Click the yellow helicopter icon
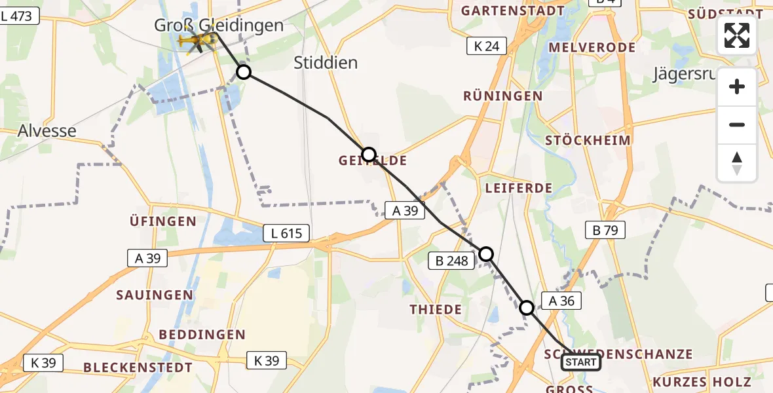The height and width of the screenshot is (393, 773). click(x=197, y=42)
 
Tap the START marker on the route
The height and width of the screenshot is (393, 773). click(x=580, y=362)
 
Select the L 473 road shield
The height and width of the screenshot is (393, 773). click(x=20, y=16)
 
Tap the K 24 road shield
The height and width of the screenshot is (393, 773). click(x=487, y=46)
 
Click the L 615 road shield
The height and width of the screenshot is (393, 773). click(x=286, y=233)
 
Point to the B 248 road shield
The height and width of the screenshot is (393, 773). click(x=452, y=261)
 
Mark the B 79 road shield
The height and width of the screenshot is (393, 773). click(x=605, y=230)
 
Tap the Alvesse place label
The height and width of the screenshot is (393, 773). click(x=47, y=130)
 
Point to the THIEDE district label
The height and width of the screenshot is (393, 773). click(x=436, y=309)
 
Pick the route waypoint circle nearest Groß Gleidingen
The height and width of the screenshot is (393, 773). click(x=244, y=72)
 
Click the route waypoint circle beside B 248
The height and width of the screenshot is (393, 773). click(x=486, y=253)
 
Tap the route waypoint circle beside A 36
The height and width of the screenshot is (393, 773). click(x=527, y=307)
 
